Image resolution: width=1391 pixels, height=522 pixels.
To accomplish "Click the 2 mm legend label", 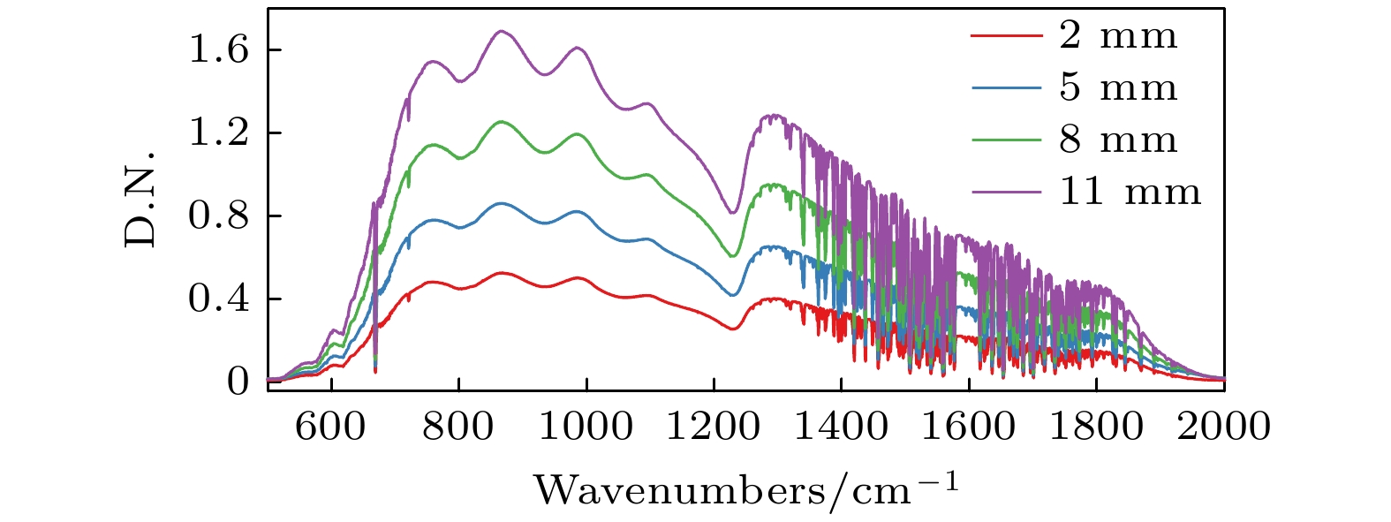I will point(1117,36).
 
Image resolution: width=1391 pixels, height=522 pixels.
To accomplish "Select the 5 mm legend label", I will point(1117,87).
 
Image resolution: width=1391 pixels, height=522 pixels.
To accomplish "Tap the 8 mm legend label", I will point(1117,140).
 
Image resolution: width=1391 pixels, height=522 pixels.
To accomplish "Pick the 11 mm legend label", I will point(1130,192).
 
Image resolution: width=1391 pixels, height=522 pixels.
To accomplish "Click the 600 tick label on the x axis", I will point(330,427).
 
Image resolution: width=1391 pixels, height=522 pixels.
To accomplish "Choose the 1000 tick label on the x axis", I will point(586,427).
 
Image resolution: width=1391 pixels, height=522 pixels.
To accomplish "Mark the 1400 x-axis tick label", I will point(841,427).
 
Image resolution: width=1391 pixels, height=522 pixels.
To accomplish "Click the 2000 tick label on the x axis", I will point(1223,427).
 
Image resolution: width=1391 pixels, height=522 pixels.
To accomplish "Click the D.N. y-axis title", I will point(140,198).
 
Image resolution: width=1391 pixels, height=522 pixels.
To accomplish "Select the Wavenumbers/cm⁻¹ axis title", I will point(745,488).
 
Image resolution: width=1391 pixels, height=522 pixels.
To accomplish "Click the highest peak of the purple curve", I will point(503,31).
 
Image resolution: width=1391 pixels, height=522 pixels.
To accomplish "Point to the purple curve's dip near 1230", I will point(732,212).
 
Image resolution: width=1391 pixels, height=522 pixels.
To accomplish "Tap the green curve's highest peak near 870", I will point(503,122).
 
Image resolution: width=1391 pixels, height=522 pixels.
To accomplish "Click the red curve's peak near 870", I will point(503,273).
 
